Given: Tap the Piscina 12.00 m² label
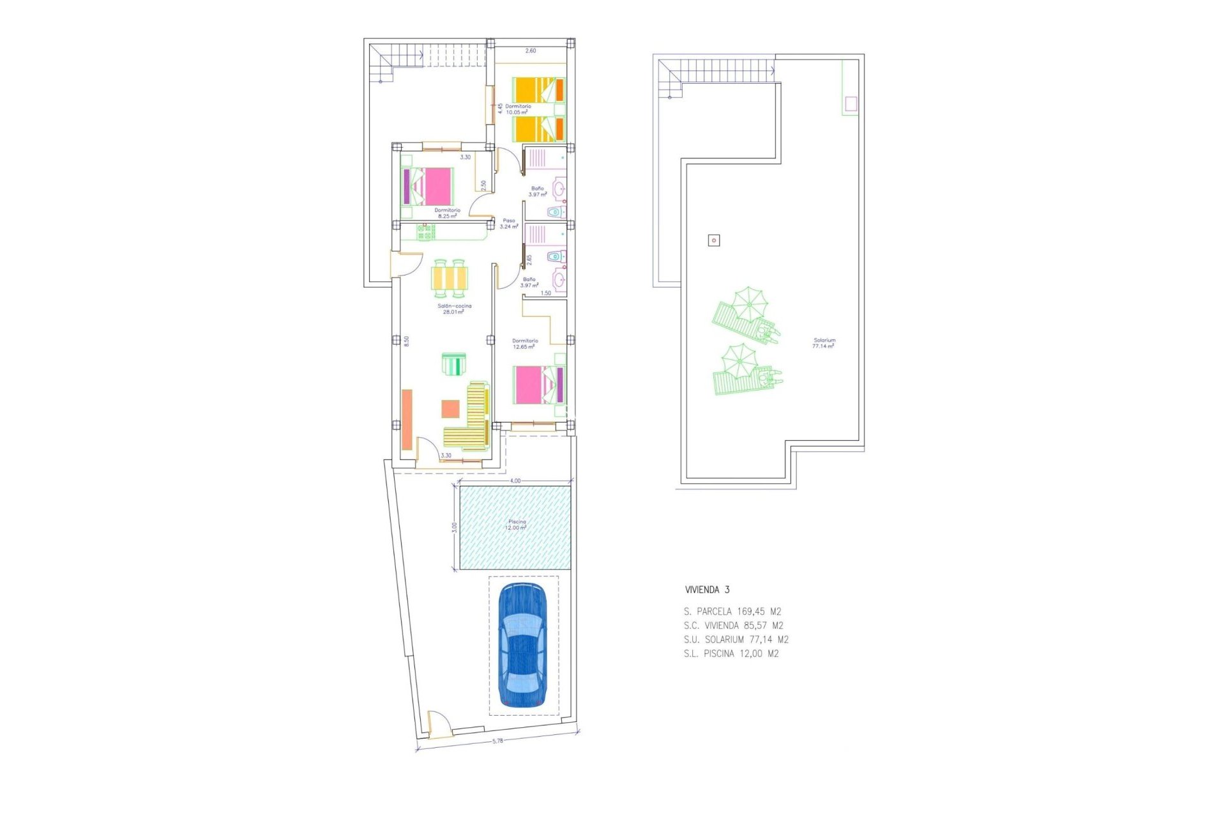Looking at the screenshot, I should [516, 525].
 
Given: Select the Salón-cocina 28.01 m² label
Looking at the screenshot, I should [454, 309].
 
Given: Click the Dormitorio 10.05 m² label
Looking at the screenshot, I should [518, 109].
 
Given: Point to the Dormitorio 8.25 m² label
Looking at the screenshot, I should [447, 213].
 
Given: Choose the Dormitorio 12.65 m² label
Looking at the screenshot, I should [525, 344].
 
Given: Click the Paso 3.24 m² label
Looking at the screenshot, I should [509, 223].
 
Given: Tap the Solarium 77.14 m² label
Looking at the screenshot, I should [824, 343].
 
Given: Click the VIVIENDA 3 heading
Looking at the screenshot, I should [707, 590].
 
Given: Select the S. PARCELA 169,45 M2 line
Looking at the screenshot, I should [732, 612].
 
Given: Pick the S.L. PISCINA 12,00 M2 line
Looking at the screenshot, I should [731, 654].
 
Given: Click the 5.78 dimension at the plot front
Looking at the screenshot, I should [497, 741].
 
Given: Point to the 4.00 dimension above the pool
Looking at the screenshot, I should [515, 481].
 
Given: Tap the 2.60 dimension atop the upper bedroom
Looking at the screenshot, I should [531, 50].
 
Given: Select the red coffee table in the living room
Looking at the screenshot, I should [450, 408].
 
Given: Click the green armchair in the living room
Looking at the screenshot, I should [454, 364].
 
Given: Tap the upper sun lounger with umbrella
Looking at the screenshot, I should [745, 315].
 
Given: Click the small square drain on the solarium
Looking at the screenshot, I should [714, 240].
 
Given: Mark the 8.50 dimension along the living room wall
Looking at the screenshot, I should [406, 341].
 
